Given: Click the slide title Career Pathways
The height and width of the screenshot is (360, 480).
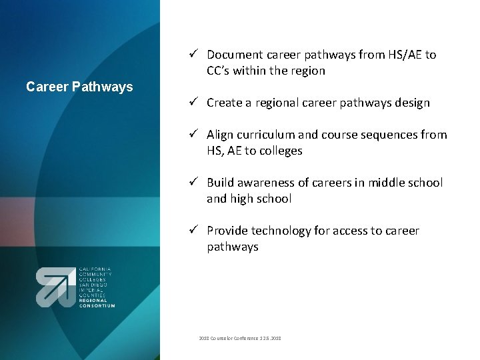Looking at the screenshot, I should [x=79, y=87].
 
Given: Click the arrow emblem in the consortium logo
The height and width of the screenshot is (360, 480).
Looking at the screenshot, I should [x=56, y=287].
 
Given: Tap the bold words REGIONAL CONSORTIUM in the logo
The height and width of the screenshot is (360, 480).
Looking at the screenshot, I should [x=97, y=303].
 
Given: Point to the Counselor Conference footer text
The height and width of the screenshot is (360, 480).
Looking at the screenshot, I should [x=240, y=339].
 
